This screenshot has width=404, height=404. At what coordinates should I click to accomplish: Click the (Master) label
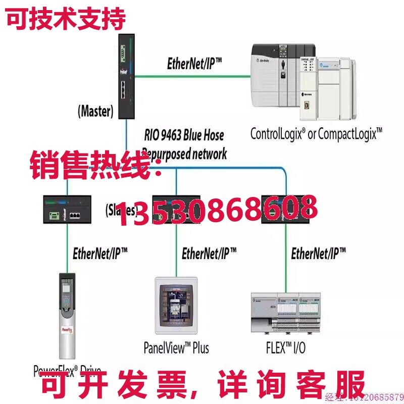point(95,111)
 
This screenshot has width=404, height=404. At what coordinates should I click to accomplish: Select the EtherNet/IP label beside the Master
point(194,64)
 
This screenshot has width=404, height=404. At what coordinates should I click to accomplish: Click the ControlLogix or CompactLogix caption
point(316,133)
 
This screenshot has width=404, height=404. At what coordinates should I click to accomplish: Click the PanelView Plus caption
point(176,348)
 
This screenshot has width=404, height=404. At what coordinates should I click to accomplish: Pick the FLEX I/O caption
point(285,348)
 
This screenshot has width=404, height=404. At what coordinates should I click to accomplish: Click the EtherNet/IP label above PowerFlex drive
point(100,253)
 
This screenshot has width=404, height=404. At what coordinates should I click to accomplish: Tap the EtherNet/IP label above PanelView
point(209,252)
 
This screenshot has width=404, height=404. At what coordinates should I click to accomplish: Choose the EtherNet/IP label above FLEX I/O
point(319,253)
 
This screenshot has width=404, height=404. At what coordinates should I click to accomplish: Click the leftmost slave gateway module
point(67,209)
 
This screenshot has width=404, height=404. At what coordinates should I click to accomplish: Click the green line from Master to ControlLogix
point(192,77)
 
